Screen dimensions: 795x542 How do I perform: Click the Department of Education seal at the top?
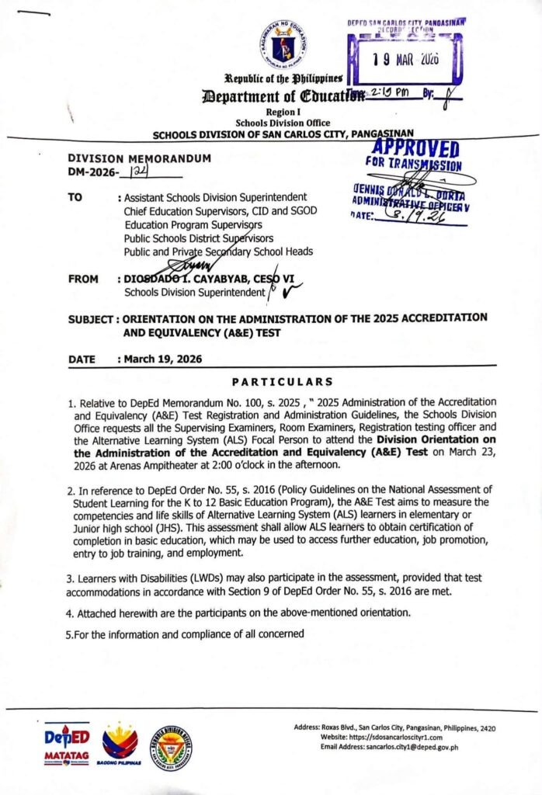coord(283,44)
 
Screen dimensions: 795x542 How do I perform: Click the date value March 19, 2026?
coord(158,359)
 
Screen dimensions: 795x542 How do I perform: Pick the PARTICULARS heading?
coord(283,381)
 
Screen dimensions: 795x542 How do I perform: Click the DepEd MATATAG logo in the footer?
coord(68,745)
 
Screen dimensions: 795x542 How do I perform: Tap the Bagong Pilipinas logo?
coord(120,746)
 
